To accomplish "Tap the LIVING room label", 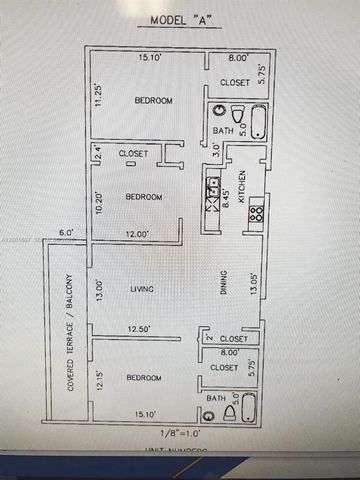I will tap(143, 290).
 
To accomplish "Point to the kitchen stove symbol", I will tap(256, 212).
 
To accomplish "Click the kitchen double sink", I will tap(213, 193).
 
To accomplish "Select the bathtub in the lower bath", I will tap(249, 408).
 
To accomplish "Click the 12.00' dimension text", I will tap(137, 234).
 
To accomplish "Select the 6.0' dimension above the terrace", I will tap(66, 234).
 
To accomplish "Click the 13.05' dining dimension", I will tap(254, 284).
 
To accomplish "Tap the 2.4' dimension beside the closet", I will tap(98, 154).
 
